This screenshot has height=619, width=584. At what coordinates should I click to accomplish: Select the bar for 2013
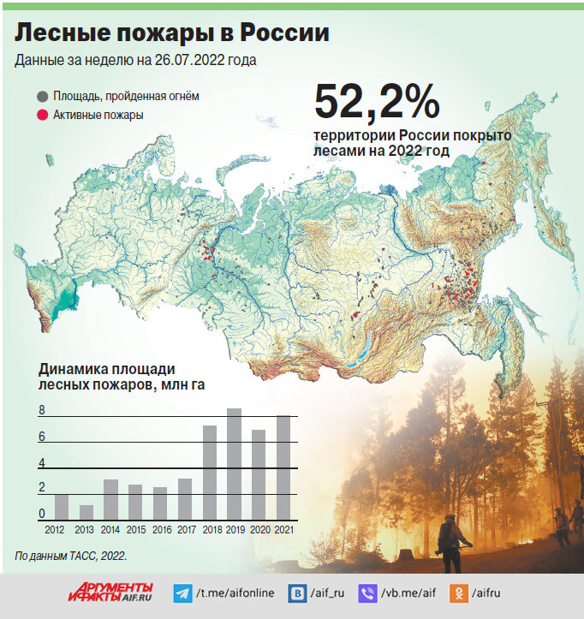tap(86, 512)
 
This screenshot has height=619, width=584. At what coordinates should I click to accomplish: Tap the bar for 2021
tap(283, 467)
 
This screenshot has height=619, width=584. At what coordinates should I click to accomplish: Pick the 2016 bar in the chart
tap(160, 503)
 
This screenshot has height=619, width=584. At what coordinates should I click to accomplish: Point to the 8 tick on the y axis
tap(41, 411)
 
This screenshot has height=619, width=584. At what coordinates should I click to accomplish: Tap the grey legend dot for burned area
tap(42, 97)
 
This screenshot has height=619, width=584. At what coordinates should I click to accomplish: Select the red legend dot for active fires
tap(42, 115)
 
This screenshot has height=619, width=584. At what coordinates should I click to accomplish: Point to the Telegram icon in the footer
tap(182, 592)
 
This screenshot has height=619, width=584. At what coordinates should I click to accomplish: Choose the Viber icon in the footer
tap(368, 592)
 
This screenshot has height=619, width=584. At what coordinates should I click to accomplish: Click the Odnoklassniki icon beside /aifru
tap(459, 592)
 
